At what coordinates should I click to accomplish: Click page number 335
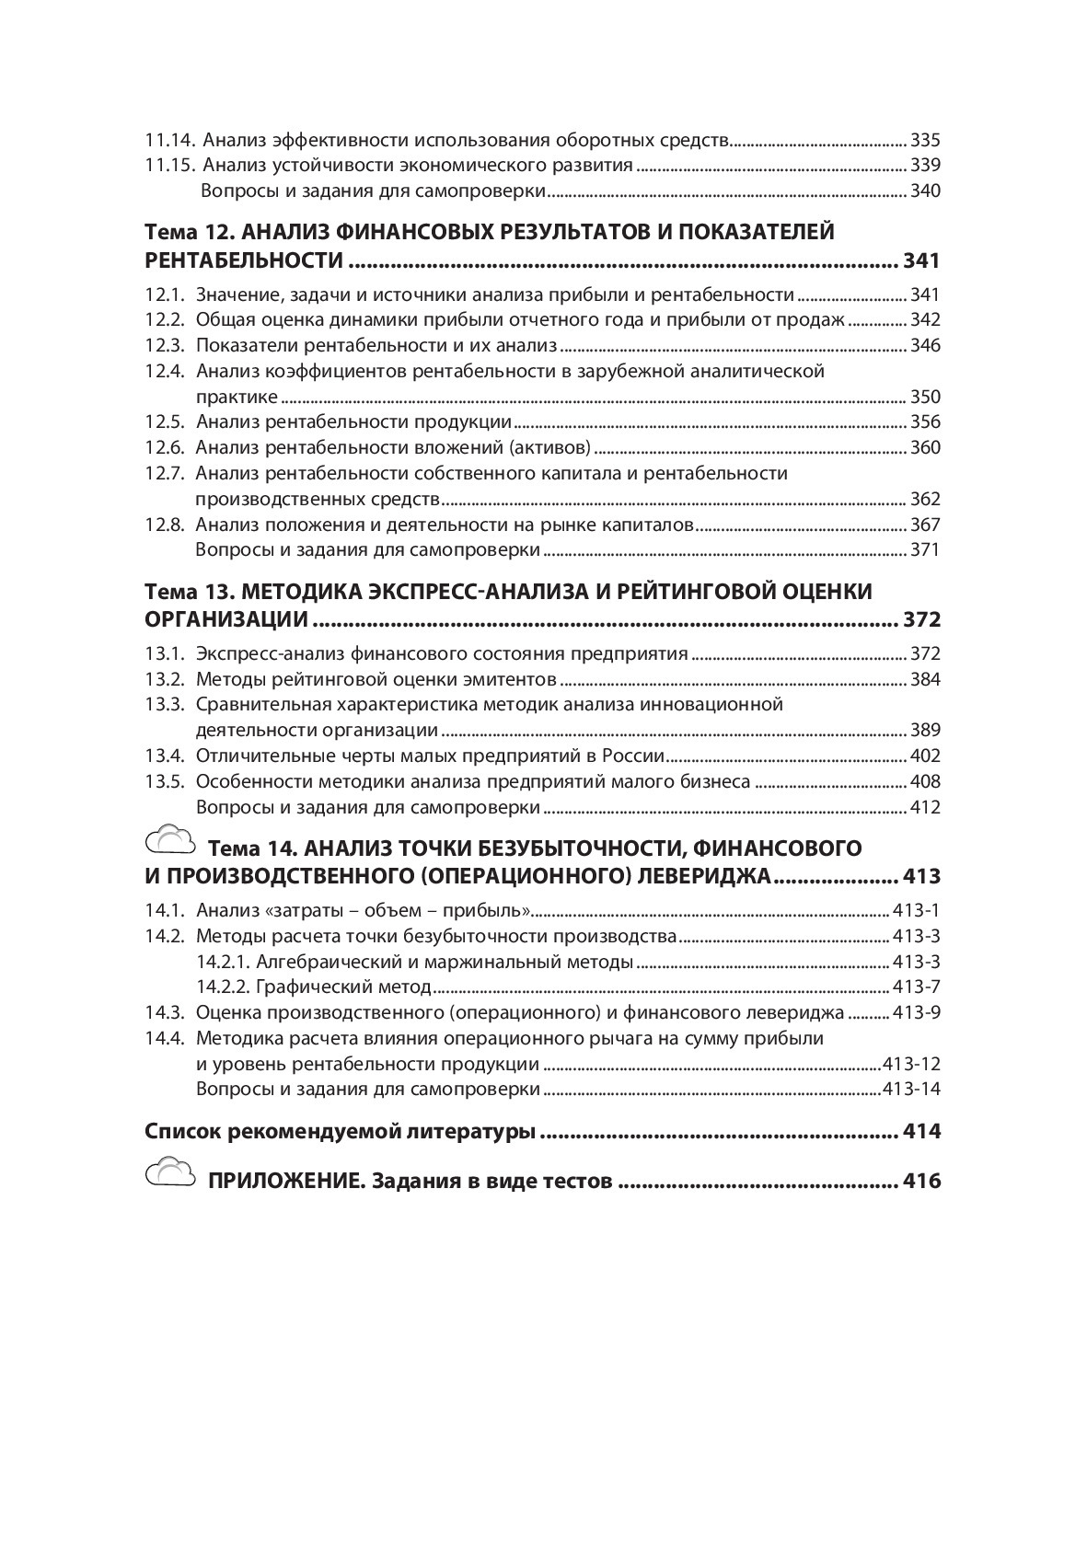[925, 141]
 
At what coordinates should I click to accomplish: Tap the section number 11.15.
[171, 166]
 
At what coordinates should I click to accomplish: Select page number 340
[925, 191]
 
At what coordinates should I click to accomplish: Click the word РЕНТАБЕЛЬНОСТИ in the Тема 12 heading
[244, 260]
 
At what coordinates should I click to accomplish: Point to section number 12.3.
[166, 346]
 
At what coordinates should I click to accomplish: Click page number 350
[925, 398]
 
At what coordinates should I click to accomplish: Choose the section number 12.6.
[166, 448]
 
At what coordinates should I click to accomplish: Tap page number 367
[925, 525]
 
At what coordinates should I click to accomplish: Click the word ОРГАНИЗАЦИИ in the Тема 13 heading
[226, 619]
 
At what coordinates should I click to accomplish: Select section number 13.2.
[166, 680]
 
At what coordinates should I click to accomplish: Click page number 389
[925, 731]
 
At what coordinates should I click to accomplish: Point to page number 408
[925, 782]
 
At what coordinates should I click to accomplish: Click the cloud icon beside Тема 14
[171, 840]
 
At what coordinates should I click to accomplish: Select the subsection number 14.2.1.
[224, 963]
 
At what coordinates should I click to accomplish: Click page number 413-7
[917, 987]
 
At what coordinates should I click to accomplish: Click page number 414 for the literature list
[921, 1131]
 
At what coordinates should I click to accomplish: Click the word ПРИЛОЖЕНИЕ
[285, 1182]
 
